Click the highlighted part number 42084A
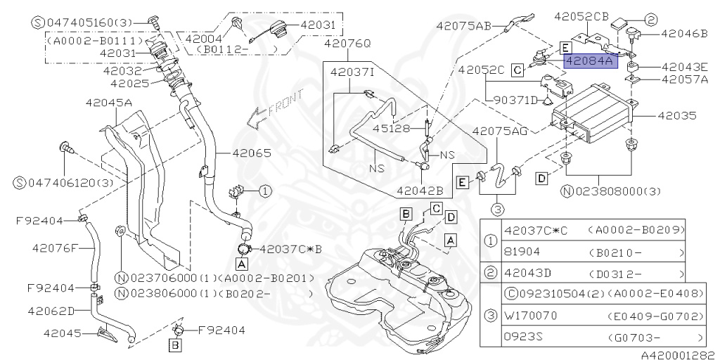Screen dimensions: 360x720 [590, 62]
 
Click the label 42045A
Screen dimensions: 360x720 [109, 103]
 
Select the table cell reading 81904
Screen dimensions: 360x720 [521, 250]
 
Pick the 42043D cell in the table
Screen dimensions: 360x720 [527, 273]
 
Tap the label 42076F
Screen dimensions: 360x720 [56, 247]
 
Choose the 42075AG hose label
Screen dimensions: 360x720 [500, 131]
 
